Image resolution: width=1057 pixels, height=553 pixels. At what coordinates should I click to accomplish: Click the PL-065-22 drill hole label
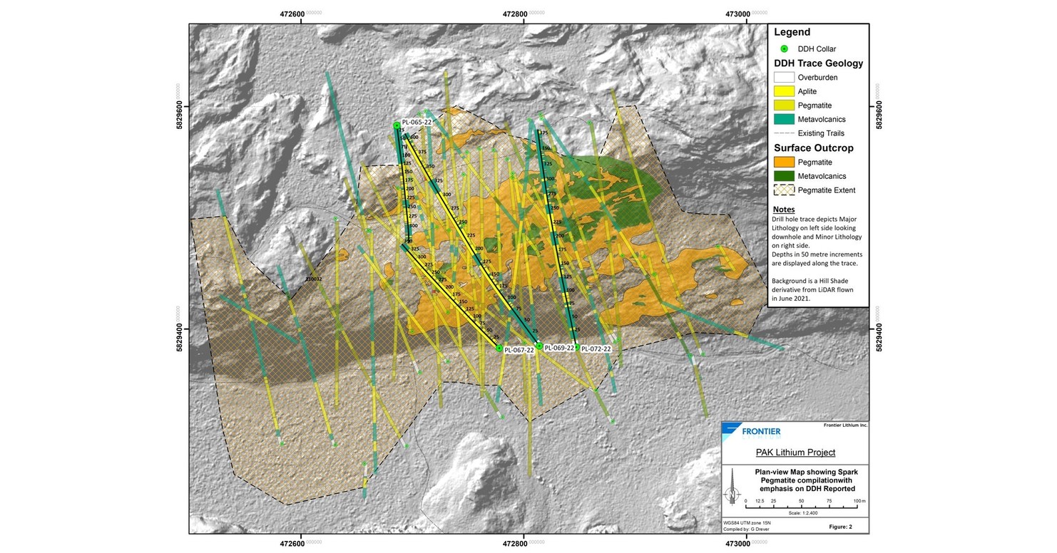tap(417, 122)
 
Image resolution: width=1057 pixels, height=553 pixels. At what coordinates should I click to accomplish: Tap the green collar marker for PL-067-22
tap(499, 348)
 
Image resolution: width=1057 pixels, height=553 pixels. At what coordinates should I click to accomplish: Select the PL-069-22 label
tap(559, 348)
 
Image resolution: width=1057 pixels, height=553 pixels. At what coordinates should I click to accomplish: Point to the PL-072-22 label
tap(596, 349)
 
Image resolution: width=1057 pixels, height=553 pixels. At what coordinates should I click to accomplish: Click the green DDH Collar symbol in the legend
tap(784, 48)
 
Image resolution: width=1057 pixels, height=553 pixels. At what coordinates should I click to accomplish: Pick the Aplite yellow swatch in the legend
tap(785, 91)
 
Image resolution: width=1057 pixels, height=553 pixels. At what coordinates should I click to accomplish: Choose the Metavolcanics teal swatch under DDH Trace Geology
tap(785, 119)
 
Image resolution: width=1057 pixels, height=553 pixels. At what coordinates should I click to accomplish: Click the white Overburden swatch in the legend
tap(785, 77)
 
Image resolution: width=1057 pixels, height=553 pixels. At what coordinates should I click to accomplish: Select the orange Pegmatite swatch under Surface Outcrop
tap(785, 162)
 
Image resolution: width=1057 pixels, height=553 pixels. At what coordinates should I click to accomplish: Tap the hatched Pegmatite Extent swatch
tap(785, 190)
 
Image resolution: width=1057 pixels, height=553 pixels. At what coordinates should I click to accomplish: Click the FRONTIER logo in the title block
tap(752, 431)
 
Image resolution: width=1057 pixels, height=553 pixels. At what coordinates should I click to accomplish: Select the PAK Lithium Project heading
tap(795, 453)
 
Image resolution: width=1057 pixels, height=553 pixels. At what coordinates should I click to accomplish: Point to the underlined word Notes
tap(783, 210)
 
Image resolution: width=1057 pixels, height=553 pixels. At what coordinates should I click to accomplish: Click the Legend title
tap(792, 32)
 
